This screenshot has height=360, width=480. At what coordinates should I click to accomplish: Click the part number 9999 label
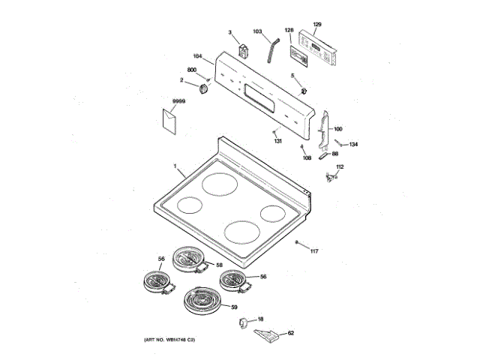click(178, 100)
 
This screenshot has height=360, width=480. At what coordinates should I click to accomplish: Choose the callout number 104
click(197, 56)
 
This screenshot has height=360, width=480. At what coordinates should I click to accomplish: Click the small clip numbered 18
click(243, 322)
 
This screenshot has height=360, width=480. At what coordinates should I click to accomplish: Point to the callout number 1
click(175, 166)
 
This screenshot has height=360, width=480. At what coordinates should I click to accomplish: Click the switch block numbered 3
click(241, 51)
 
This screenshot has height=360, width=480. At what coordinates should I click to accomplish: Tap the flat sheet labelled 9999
click(168, 120)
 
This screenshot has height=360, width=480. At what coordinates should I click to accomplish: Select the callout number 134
click(354, 144)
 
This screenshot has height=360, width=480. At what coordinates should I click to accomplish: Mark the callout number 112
click(339, 166)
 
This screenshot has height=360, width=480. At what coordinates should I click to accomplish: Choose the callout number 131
click(277, 141)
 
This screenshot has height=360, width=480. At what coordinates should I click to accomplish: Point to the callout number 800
click(192, 70)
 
